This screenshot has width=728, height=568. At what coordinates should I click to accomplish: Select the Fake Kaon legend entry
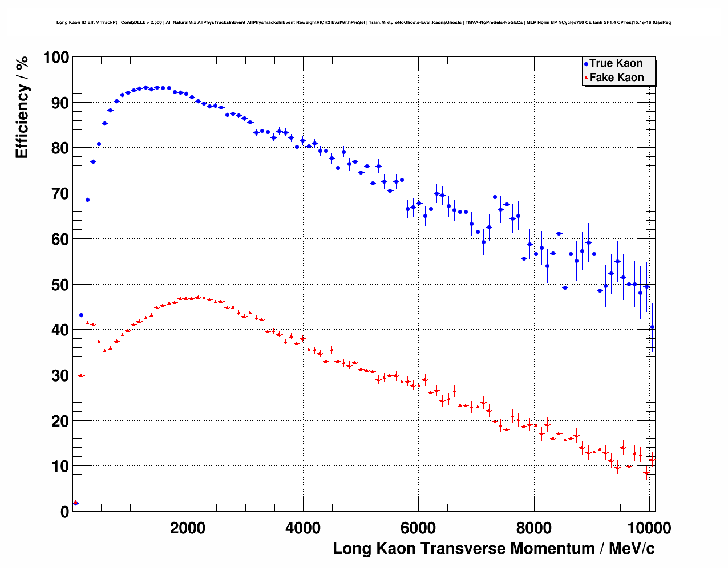pos(616,78)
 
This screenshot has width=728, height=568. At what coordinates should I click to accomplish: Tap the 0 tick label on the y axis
pos(64,512)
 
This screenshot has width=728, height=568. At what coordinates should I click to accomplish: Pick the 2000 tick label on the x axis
pos(188,528)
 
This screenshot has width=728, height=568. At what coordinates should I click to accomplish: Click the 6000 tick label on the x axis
pos(419,528)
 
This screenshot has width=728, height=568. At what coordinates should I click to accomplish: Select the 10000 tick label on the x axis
pos(648,528)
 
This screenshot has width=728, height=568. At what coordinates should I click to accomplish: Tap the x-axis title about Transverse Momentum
pos(494,549)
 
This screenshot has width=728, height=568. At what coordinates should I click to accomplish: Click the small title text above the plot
pos(363,22)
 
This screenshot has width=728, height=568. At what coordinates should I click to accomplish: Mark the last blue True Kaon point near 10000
pos(652,327)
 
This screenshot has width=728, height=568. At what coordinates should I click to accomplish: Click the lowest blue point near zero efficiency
pos(75,503)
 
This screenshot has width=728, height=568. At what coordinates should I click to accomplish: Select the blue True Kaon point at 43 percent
pos(81,315)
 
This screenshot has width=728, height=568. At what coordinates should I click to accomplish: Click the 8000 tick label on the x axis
pos(534,528)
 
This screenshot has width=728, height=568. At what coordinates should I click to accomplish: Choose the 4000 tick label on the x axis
pos(303,528)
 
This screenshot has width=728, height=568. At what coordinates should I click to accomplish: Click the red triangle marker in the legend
pos(586,78)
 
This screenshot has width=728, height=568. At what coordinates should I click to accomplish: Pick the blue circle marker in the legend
pos(586,64)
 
